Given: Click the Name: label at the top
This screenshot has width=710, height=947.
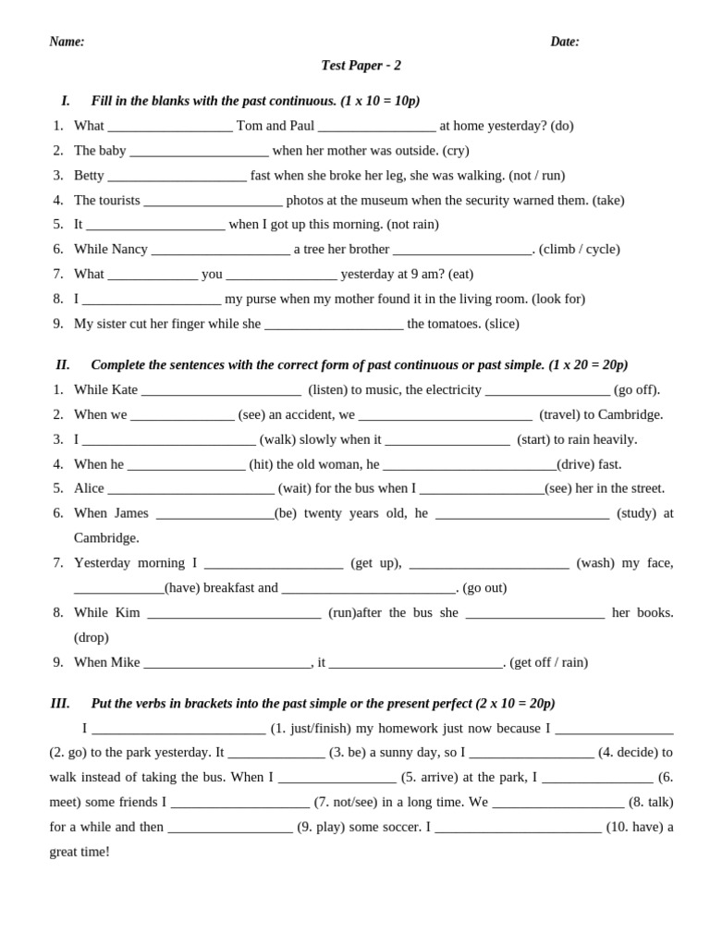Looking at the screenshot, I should tap(67, 42).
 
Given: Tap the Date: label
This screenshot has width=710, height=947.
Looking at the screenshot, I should tap(565, 42).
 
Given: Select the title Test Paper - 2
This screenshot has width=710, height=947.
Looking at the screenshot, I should tap(361, 66).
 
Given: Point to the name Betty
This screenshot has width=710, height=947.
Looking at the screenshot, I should tap(89, 176).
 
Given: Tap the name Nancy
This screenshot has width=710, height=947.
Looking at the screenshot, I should tap(129, 250).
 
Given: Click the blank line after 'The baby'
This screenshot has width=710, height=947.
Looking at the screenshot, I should tap(199, 153).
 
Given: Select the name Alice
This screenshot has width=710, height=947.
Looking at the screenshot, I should tap(89, 488).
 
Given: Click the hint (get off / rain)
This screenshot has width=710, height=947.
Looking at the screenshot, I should tap(548, 663).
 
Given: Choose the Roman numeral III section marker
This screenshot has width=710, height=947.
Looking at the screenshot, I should tap(60, 704).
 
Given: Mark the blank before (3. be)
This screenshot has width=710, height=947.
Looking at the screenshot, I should tap(276, 755).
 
